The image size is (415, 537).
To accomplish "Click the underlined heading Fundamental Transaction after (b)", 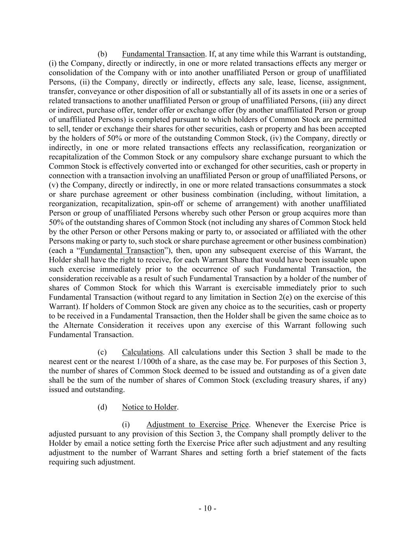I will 163,54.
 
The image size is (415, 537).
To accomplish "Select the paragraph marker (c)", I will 102,352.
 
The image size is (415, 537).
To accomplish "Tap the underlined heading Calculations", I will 142,352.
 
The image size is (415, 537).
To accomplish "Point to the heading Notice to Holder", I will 149,407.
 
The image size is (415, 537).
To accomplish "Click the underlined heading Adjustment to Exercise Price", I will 197,424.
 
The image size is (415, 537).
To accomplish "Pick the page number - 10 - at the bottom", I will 207,508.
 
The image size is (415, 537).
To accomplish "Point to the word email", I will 90,443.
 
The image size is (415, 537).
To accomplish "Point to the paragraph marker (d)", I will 102,407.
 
